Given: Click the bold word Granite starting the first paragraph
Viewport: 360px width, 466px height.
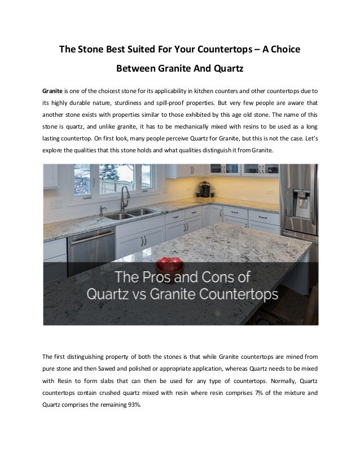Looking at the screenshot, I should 52,91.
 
